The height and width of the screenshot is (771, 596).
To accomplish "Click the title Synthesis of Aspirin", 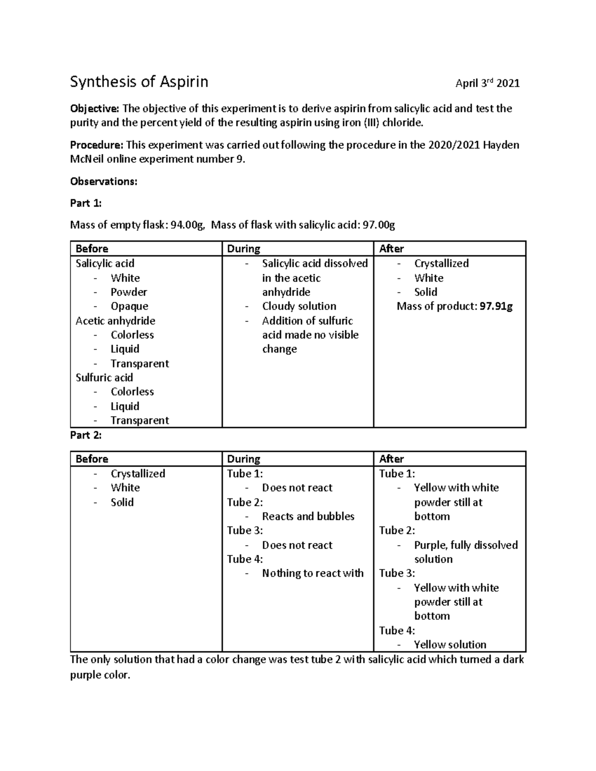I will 139,82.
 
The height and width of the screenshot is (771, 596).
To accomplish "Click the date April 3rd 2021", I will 487,83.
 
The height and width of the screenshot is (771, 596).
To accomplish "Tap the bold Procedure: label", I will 96,145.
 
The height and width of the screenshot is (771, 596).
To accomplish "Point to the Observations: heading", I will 103,182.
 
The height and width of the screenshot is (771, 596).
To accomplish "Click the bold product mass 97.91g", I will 496,306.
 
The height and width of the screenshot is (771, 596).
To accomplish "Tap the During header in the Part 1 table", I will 243,249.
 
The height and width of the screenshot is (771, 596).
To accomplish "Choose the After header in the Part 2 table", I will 391,459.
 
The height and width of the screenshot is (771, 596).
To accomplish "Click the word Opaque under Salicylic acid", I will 129,306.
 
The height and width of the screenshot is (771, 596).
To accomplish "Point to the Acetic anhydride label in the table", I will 115,321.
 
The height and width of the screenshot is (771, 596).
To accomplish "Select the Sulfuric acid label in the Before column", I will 104,378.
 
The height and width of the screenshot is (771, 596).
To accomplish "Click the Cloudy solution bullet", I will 299,306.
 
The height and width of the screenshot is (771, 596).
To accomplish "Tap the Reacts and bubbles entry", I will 308,516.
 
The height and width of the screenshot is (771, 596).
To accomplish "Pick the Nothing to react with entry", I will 312,573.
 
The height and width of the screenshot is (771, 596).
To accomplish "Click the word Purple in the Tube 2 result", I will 430,545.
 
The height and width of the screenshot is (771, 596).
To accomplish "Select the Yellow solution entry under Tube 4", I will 450,645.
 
